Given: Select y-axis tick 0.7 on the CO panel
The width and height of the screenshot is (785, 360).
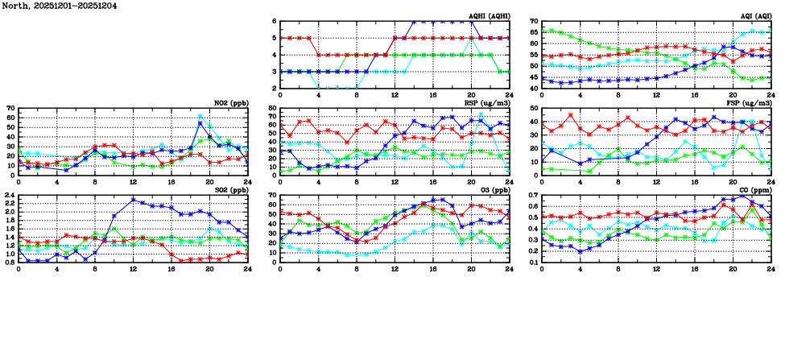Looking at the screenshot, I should click(x=532, y=195).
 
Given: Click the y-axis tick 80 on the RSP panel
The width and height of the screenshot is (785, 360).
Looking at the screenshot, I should click(x=271, y=109).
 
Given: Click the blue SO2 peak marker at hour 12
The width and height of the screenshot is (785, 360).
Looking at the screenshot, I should click(x=133, y=200).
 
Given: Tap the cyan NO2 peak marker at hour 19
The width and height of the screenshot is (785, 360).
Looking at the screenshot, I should click(x=200, y=117).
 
